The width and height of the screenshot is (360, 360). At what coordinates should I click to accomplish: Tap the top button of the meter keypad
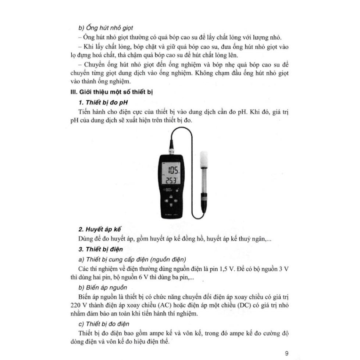coord(172,196)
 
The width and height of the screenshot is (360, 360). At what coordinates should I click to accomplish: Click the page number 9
coord(286,353)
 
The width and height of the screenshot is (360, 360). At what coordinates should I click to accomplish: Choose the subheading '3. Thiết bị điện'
coord(101,249)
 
